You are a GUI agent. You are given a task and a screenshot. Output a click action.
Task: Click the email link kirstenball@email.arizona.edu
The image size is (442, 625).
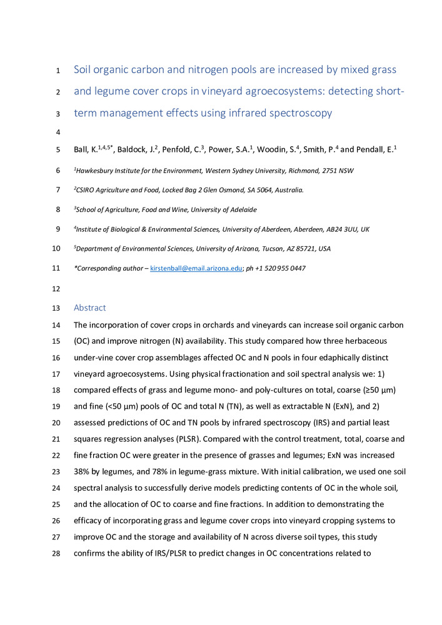click(195, 268)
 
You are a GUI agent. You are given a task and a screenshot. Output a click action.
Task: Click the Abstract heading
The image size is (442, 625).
click(90, 307)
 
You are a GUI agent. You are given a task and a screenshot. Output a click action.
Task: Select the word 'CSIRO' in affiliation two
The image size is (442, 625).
click(87, 190)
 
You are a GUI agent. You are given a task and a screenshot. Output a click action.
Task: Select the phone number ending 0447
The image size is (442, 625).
click(281, 268)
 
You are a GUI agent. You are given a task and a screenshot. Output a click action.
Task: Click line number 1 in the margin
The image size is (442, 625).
click(57, 70)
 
